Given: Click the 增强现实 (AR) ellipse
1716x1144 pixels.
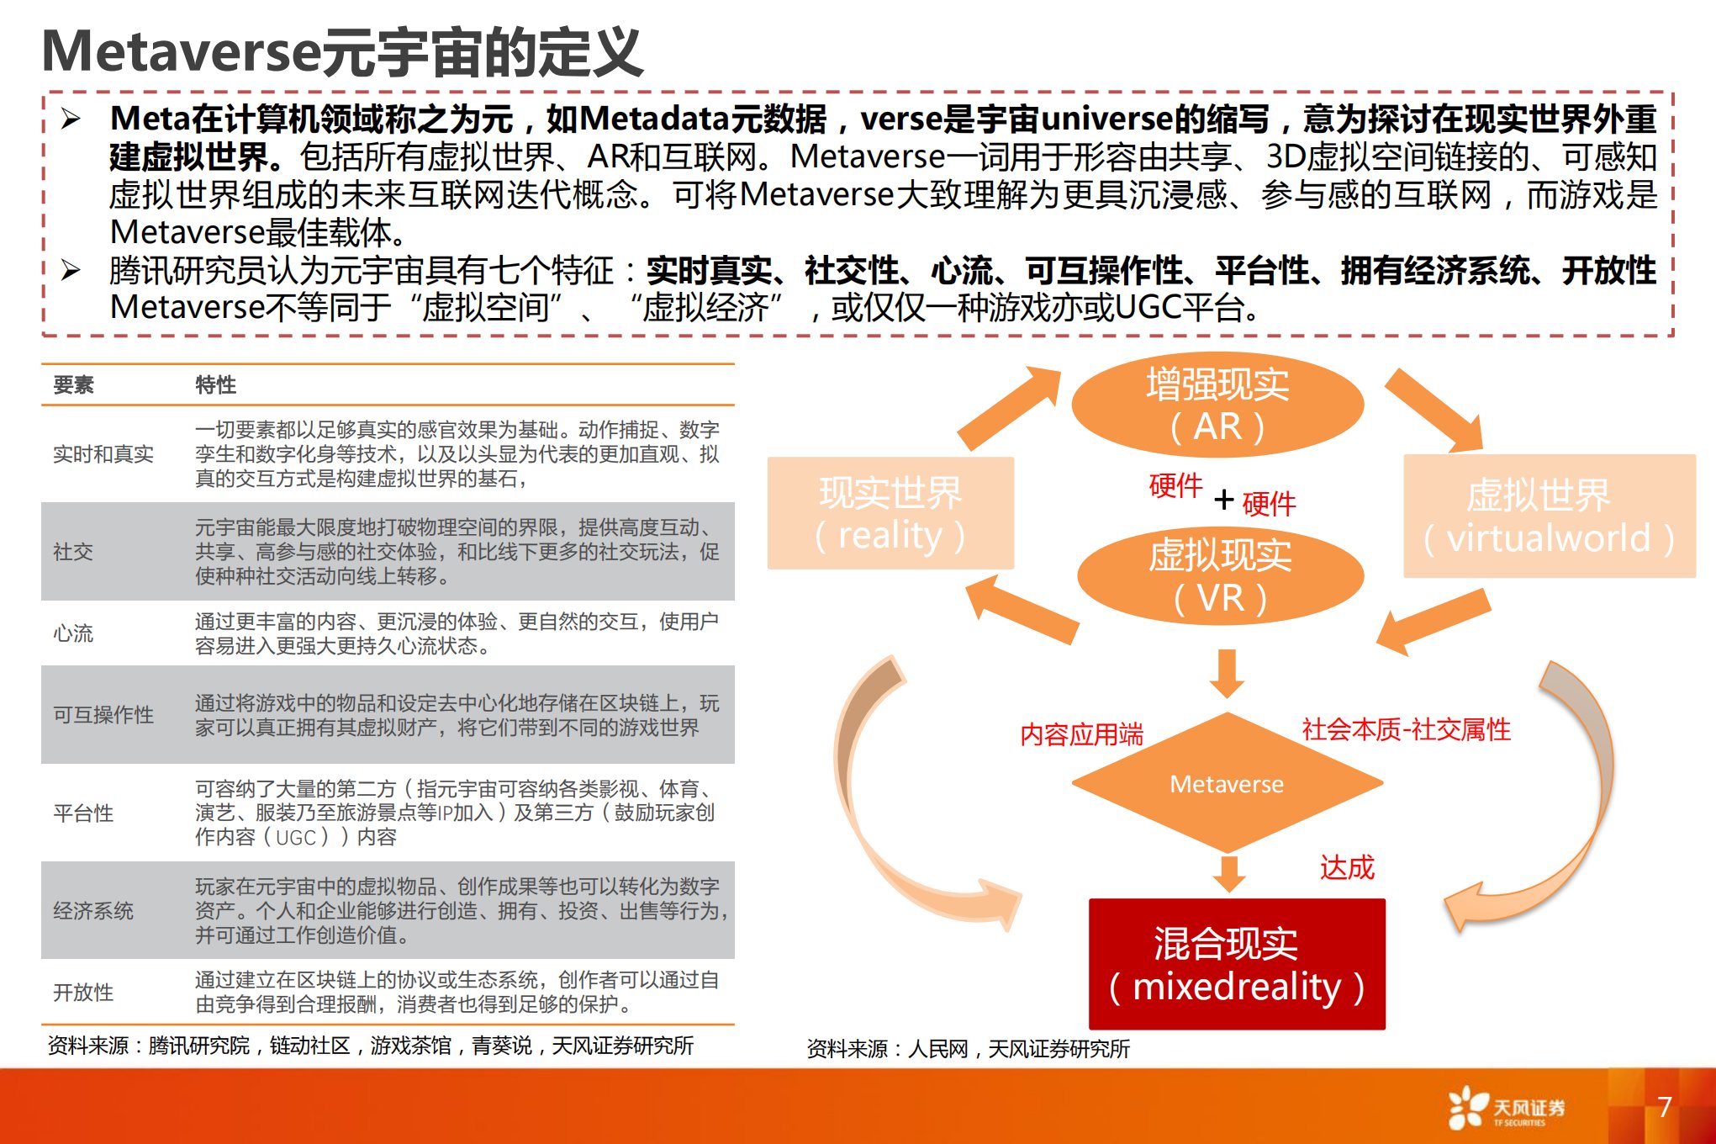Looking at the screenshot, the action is [1217, 405].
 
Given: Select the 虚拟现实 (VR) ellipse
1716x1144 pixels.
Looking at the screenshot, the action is [1220, 576].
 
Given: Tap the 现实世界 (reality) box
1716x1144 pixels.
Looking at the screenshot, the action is [890, 513].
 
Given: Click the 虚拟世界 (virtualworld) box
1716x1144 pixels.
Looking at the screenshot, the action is [1550, 516].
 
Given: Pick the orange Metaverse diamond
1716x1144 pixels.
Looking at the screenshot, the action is [1228, 783].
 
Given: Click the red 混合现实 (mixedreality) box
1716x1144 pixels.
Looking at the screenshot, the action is [1237, 964].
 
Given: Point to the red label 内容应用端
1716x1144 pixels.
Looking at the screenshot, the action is [1081, 734].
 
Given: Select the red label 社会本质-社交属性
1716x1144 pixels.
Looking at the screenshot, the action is [1406, 729].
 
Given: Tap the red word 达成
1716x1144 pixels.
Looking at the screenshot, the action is [1347, 867].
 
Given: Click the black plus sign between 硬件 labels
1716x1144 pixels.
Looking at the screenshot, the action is [1224, 500].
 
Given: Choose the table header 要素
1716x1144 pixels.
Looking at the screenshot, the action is [73, 385].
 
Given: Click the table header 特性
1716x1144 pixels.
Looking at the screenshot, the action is [215, 385].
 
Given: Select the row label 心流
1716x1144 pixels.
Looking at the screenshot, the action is [73, 633].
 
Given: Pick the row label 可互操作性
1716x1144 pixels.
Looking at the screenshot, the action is [103, 715].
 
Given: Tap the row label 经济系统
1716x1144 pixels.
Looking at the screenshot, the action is [93, 911].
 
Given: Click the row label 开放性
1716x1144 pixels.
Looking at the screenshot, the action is [83, 993].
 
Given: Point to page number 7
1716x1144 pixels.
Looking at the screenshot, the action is [1664, 1107].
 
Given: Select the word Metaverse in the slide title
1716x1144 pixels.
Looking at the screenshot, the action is [182, 52].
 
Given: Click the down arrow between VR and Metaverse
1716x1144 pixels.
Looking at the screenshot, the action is [1228, 673].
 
